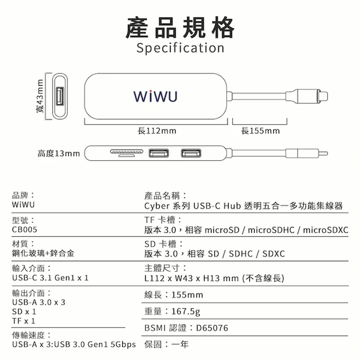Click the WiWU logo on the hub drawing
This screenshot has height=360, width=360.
[x=155, y=96]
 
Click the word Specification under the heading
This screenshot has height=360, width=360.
[x=180, y=48]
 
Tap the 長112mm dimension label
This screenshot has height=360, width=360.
[x=157, y=131]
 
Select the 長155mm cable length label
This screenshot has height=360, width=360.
[x=260, y=131]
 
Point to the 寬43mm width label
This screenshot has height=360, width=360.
[x=40, y=96]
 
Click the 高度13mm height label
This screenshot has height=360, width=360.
[x=58, y=154]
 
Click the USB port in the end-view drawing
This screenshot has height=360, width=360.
[x=60, y=96]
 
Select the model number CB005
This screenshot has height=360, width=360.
[x=25, y=229]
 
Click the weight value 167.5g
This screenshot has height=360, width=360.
[x=186, y=312]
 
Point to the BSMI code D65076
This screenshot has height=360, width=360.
[x=212, y=328]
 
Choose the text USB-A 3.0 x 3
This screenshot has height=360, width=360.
[x=39, y=303]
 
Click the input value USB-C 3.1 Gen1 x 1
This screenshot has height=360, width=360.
[x=50, y=278]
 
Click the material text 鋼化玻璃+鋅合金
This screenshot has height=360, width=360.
[x=43, y=254]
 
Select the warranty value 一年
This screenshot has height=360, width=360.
[x=180, y=344]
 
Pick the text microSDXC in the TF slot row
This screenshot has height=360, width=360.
[x=326, y=230]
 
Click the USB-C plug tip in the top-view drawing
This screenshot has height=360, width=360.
[x=323, y=96]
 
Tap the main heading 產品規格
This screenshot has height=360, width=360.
[x=180, y=28]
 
